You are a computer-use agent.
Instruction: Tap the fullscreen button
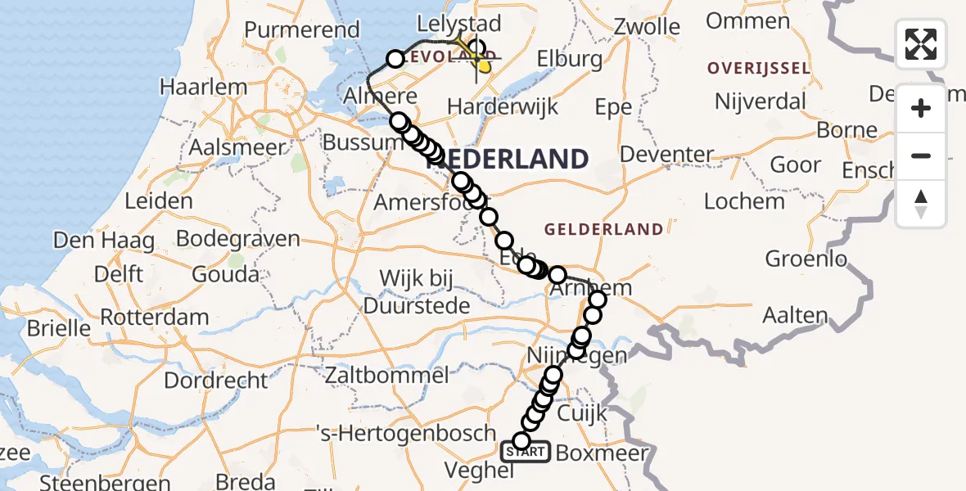(x=921, y=44)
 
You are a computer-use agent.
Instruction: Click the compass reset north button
(x=921, y=203)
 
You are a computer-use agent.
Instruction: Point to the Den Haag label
(x=104, y=241)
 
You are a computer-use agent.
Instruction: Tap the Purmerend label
(x=302, y=30)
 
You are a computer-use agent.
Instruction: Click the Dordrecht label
(x=216, y=381)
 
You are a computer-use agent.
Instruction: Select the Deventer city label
(x=667, y=154)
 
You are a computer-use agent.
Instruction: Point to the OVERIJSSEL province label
(x=759, y=68)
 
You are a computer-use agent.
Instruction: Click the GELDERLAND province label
(x=603, y=229)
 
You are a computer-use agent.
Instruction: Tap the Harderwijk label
(x=503, y=106)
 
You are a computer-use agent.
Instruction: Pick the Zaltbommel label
(x=386, y=376)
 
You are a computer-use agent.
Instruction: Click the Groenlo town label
(x=806, y=259)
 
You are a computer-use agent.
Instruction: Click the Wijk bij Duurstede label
(x=416, y=292)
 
